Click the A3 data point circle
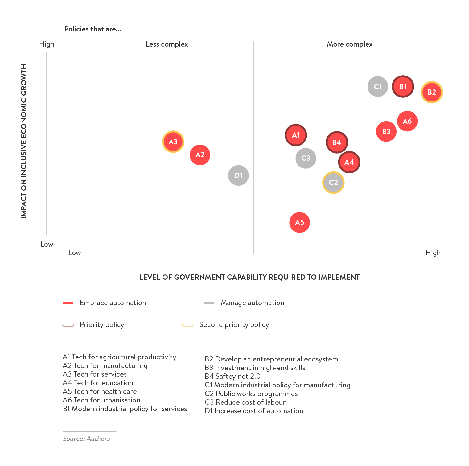coord(173,142)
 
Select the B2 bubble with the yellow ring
coord(432,92)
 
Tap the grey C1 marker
coord(378,86)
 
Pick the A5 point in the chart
coord(299,222)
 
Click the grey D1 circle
coord(238,175)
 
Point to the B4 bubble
coord(337,142)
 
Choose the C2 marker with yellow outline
coord(333,183)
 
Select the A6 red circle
coord(407,121)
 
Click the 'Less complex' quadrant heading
coord(167,44)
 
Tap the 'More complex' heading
coord(350,44)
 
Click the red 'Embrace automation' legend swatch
coord(68,303)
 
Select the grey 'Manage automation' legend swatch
coord(209,303)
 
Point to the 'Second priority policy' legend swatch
coord(187,325)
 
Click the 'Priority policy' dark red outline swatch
coord(68,325)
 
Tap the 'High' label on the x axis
coord(433,253)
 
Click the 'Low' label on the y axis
coord(47,244)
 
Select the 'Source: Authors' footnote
coord(86,439)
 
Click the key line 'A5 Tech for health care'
coord(100,391)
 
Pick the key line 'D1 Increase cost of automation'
coord(254,411)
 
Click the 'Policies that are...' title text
coord(93,29)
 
